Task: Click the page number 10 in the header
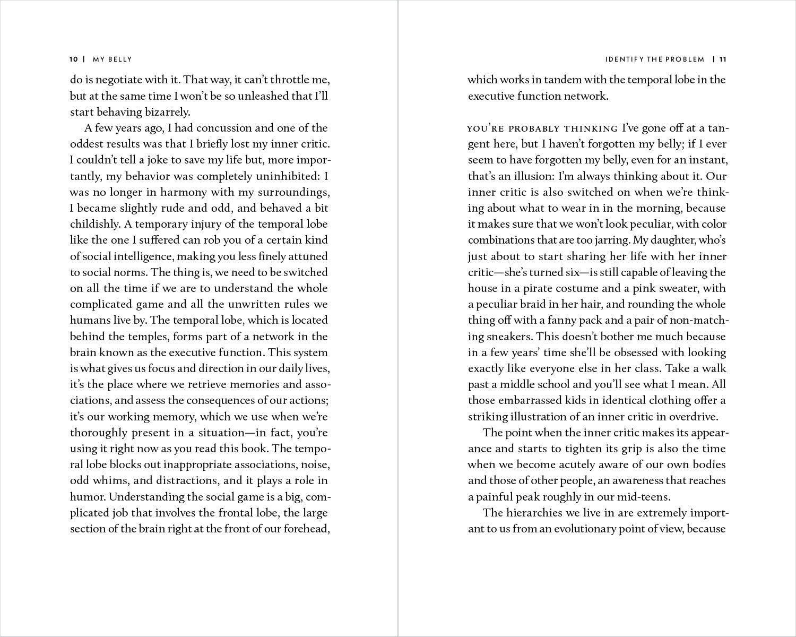(x=74, y=59)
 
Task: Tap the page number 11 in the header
(x=722, y=59)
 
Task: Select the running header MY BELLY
(x=112, y=59)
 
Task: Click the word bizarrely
(x=167, y=112)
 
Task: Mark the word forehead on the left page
(x=307, y=529)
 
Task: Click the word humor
(x=87, y=497)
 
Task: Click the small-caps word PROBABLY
(x=535, y=128)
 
